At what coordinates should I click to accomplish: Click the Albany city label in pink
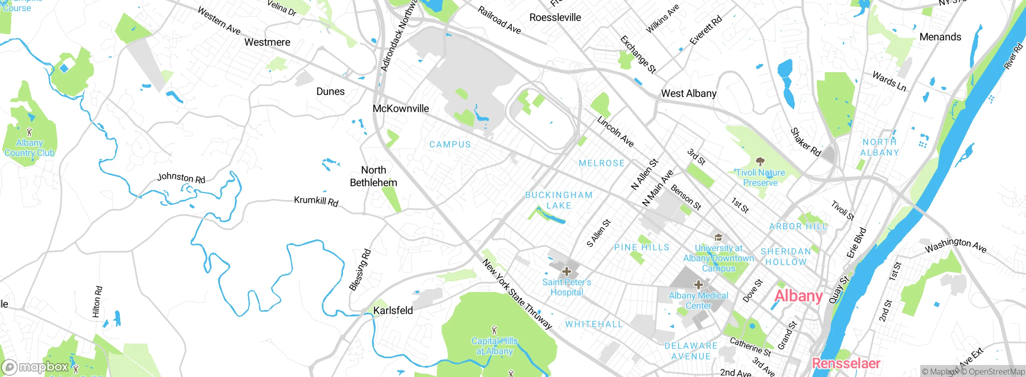pos(798,296)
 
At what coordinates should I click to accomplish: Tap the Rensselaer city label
pos(846,363)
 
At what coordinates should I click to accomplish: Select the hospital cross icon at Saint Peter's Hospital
pos(566,272)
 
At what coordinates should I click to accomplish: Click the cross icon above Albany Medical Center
pos(698,285)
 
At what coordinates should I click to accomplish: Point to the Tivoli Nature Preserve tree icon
pos(760,162)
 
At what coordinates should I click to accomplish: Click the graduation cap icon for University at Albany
pos(718,237)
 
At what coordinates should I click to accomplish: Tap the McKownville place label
pos(400,109)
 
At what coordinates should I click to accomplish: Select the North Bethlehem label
pos(374,176)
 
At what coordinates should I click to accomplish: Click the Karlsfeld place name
pos(393,310)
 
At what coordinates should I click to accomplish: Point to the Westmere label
pos(267,42)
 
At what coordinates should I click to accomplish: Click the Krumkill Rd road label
pos(316,201)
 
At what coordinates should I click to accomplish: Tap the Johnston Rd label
pos(181,178)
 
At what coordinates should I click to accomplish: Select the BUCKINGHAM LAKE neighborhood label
pos(559,200)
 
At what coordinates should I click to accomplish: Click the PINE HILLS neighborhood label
pos(642,247)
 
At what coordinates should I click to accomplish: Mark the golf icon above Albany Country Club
pos(29,132)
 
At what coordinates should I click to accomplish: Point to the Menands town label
pos(940,37)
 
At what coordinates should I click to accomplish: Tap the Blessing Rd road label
pos(360,270)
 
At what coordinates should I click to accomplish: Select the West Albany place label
pos(689,93)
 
